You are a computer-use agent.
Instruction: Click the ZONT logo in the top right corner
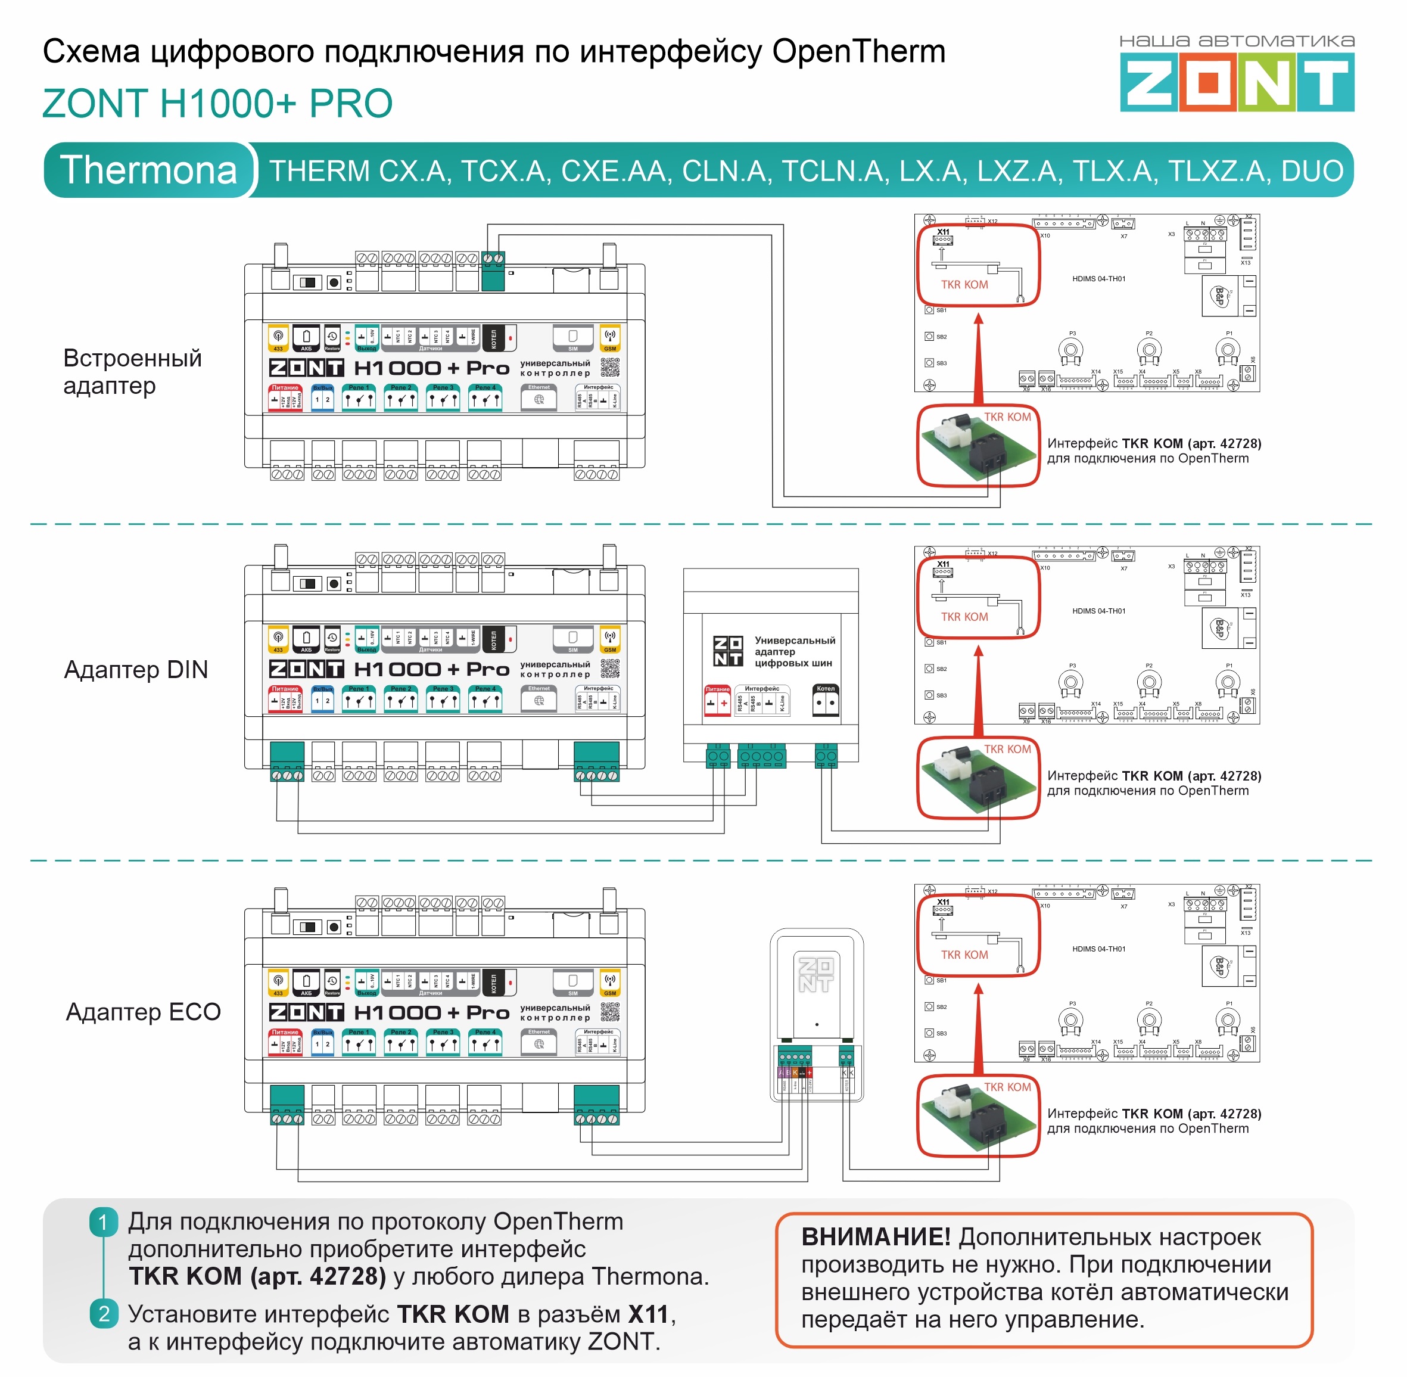1237,84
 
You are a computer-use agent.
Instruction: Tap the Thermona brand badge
148,170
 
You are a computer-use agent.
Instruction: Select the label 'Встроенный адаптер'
132,372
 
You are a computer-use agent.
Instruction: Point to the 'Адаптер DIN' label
136,670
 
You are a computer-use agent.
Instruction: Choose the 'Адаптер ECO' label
143,1012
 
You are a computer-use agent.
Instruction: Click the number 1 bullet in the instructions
104,1223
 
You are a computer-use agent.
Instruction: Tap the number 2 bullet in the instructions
104,1314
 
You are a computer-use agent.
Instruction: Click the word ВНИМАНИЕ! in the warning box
876,1238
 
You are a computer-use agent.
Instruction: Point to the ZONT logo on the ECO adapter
816,975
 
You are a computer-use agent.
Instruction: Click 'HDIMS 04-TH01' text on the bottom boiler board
1098,949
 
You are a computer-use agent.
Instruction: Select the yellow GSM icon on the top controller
610,338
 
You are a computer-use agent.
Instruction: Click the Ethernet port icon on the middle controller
538,700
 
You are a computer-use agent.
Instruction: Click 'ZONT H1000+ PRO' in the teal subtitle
217,104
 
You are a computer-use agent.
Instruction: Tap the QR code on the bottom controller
609,1012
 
